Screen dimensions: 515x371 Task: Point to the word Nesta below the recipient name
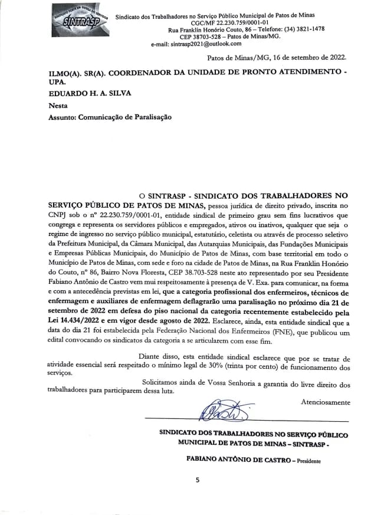pyautogui.click(x=58, y=106)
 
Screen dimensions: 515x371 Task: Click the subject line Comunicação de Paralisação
pyautogui.click(x=128, y=118)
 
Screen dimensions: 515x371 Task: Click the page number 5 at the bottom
pyautogui.click(x=198, y=480)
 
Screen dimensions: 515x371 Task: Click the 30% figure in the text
pyautogui.click(x=237, y=367)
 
